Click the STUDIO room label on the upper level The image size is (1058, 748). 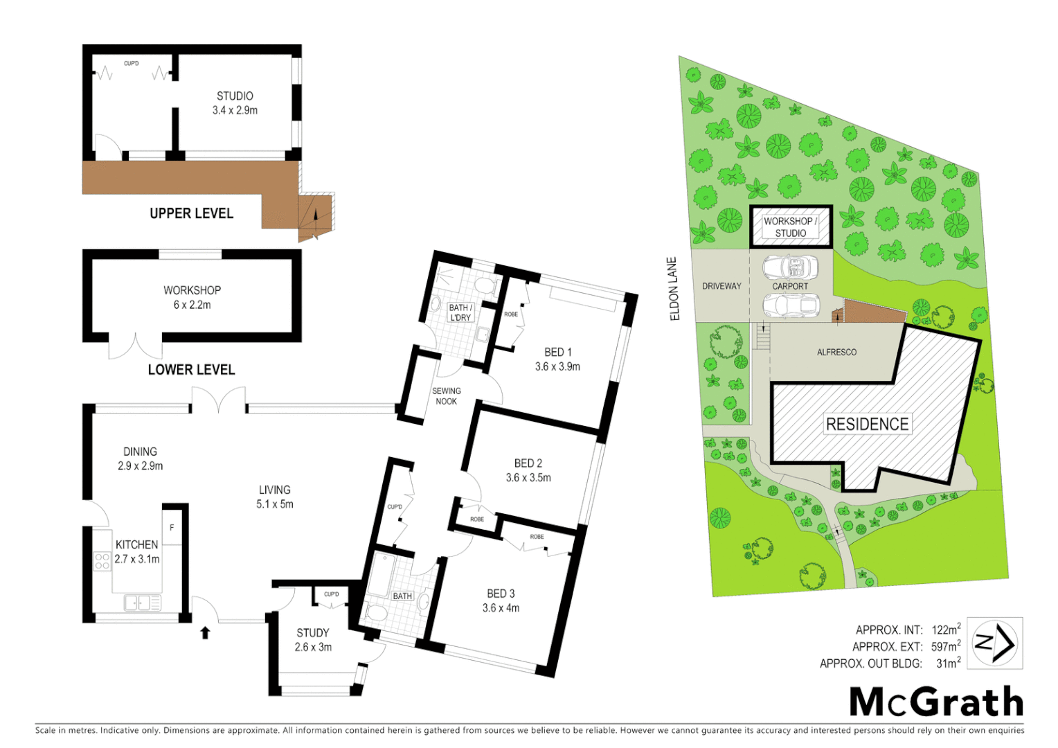point(235,103)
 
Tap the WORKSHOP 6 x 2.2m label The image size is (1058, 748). point(192,297)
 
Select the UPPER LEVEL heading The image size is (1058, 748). point(191,213)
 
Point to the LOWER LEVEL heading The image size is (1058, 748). point(191,370)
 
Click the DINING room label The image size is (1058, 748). point(140,458)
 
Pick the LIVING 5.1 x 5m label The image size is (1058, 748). point(275,497)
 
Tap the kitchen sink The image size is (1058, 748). point(142,603)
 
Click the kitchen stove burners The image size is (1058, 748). point(102,561)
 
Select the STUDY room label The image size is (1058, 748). point(313,639)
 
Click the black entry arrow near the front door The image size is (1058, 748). point(205,632)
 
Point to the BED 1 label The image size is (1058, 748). point(557,359)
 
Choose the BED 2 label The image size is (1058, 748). point(528,470)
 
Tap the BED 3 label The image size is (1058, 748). point(501,600)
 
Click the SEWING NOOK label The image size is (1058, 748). point(446,396)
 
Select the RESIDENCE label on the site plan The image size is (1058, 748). point(867,424)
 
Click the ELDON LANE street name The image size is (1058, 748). point(674,289)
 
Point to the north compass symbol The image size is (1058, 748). point(994,643)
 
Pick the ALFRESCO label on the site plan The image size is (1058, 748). point(836,352)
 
